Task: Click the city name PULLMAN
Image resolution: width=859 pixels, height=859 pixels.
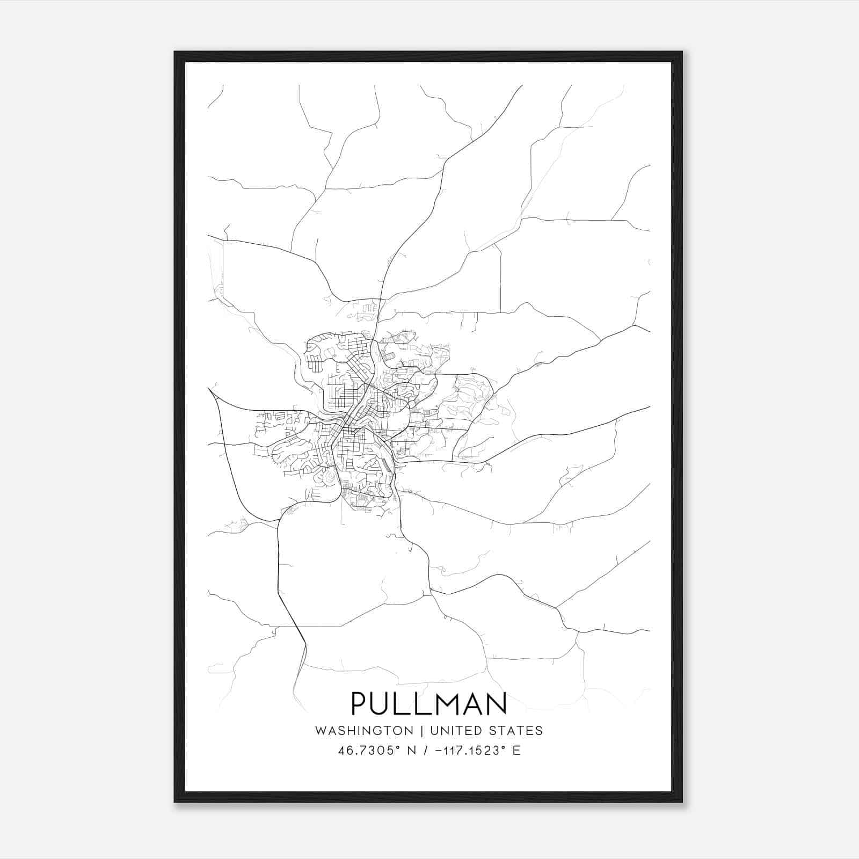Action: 429,703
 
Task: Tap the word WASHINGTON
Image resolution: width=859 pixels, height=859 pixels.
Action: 364,731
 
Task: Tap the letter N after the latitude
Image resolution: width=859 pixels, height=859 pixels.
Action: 412,751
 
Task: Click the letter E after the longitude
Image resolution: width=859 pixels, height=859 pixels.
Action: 516,751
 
